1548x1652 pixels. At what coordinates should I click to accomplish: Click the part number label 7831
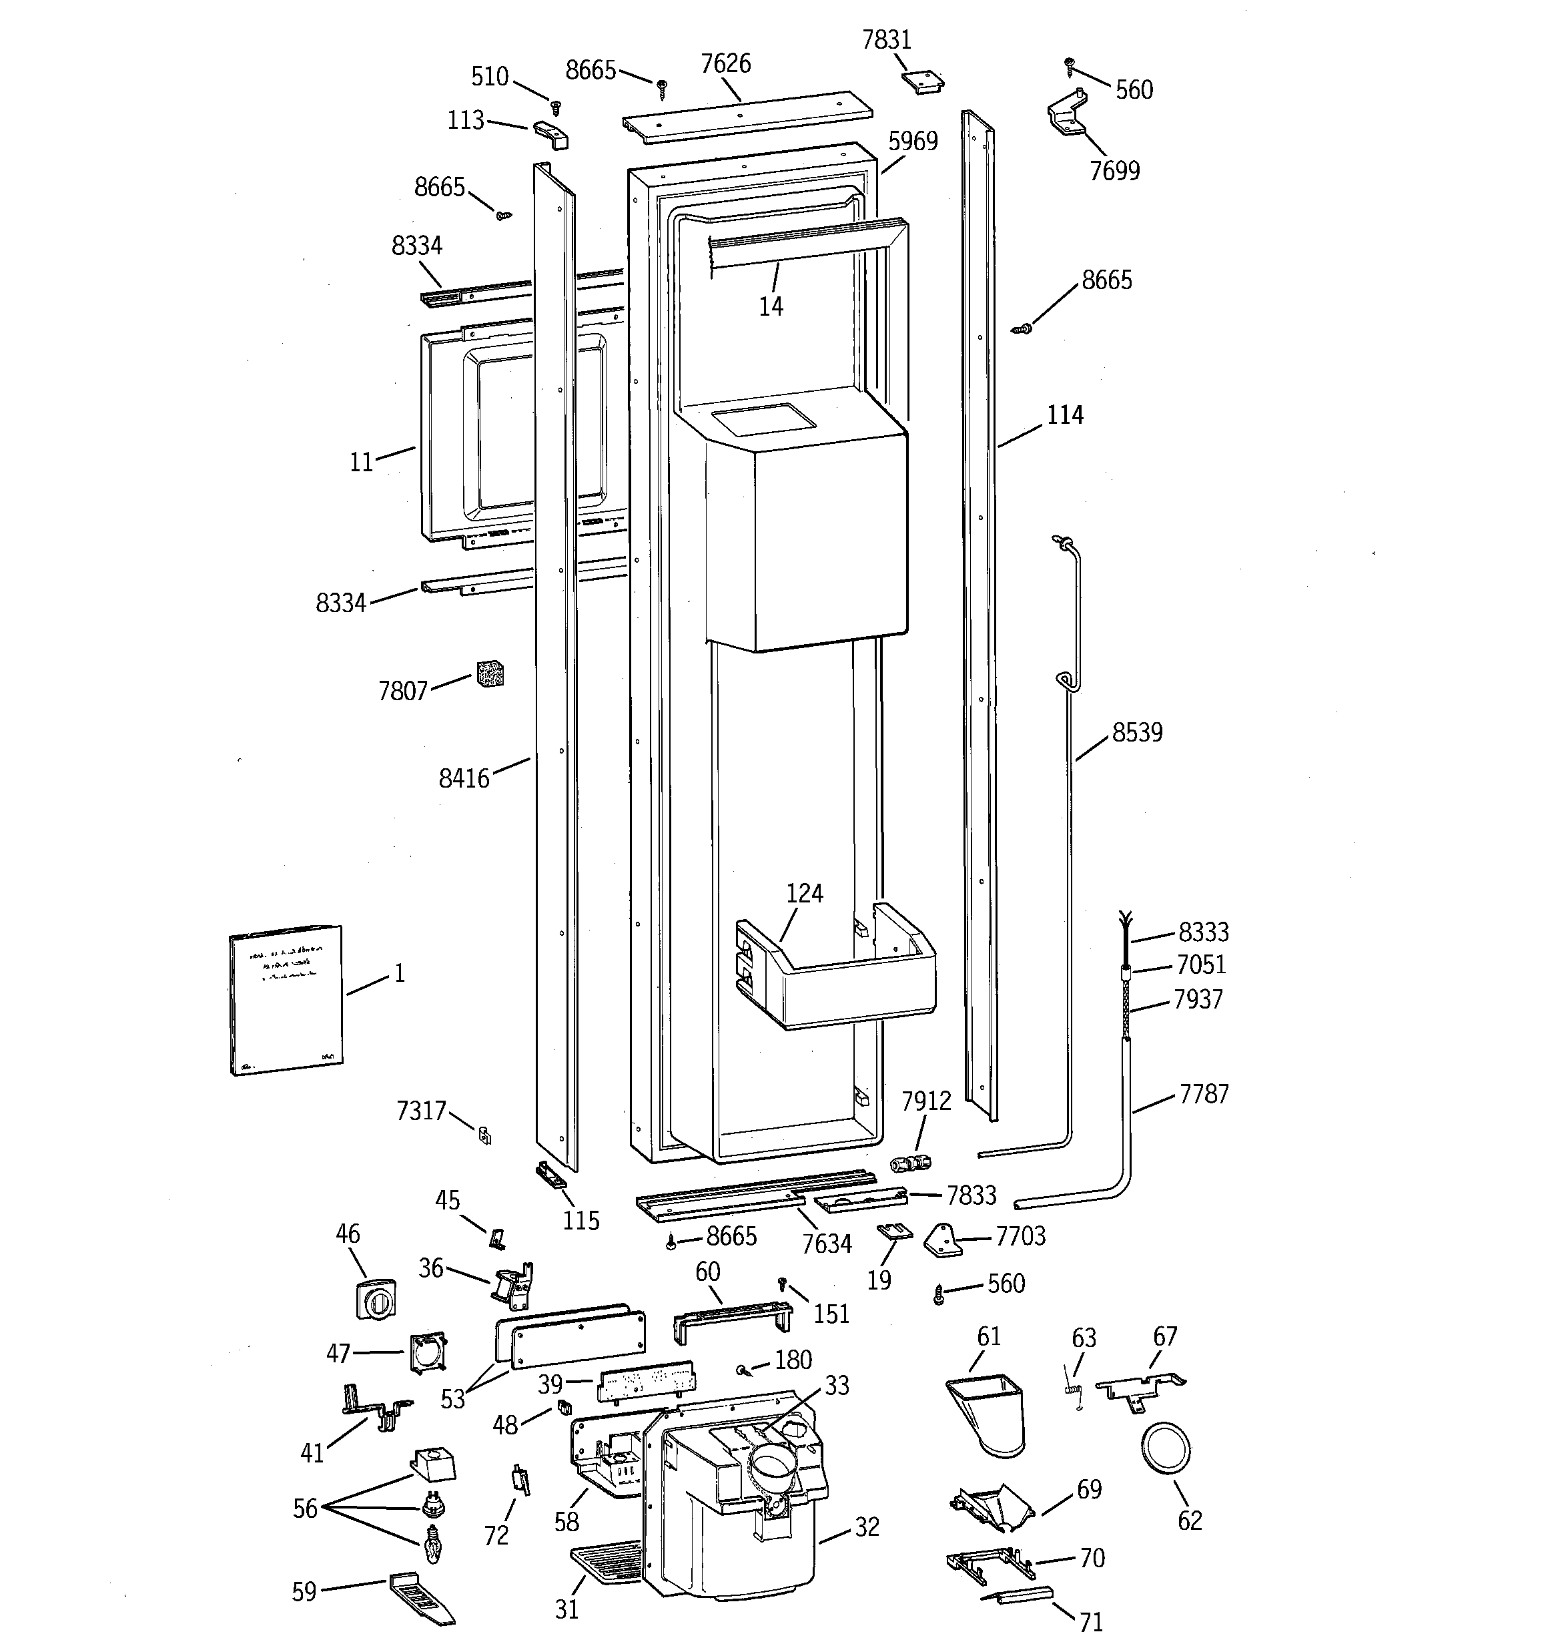(887, 40)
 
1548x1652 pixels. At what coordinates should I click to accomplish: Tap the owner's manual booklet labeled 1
(286, 1000)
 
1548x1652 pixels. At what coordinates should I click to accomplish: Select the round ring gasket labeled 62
(1166, 1448)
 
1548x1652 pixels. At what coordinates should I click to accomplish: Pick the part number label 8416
(464, 779)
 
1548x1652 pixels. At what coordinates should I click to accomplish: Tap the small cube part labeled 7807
(490, 674)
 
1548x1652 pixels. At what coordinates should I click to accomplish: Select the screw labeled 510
(556, 106)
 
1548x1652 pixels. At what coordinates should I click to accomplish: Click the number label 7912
(925, 1101)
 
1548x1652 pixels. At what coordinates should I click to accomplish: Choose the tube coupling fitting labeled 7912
(910, 1163)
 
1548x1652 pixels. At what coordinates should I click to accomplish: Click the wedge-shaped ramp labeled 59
(422, 1597)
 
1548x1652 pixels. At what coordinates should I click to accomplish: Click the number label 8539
(1137, 733)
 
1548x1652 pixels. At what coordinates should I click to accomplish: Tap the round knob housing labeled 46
(376, 1299)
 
